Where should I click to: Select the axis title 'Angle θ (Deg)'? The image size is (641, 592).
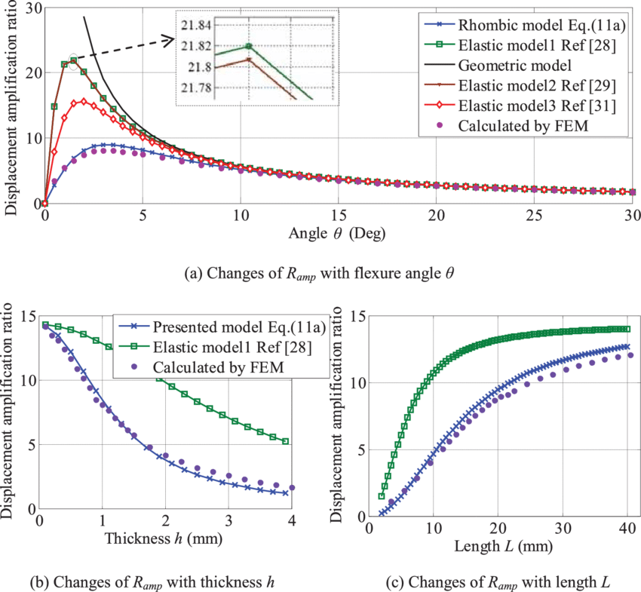337,234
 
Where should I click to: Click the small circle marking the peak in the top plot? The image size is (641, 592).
73,59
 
